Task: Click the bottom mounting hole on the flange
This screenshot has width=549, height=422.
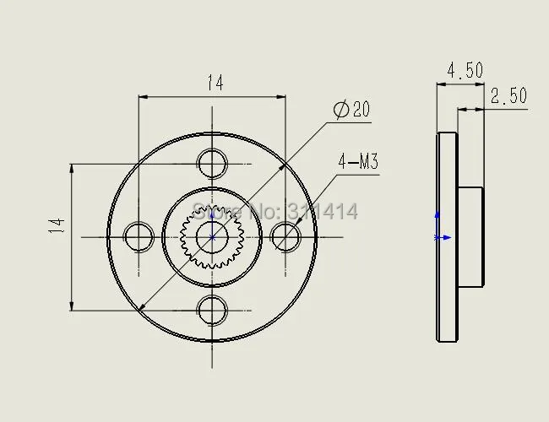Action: [x=211, y=309]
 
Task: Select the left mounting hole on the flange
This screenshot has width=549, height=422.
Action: [x=138, y=236]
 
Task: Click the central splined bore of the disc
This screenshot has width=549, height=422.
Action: [x=211, y=237]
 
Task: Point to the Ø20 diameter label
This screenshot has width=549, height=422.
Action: [x=351, y=110]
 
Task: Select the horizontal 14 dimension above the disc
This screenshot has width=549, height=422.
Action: [x=215, y=82]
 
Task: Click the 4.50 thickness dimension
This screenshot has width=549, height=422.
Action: [x=465, y=70]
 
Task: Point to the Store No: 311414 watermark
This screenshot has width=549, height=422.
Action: [x=275, y=212]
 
